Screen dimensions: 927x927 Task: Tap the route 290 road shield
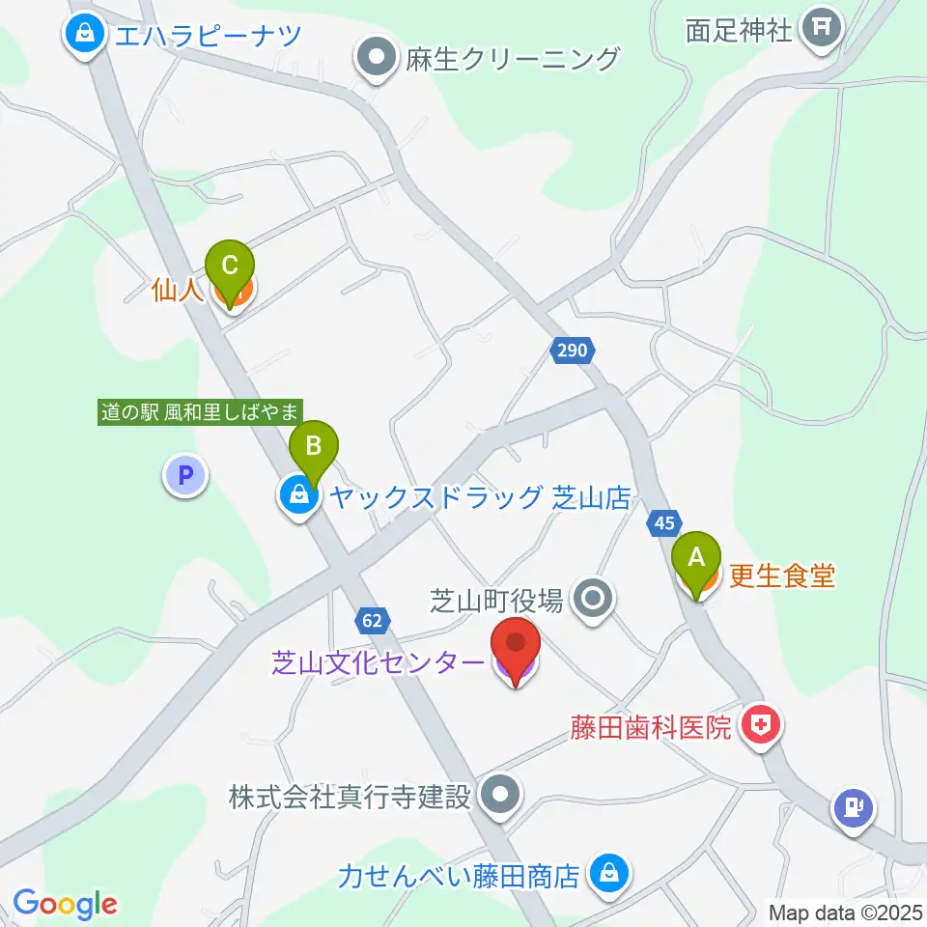tap(572, 351)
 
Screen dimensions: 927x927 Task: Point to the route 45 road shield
tap(662, 522)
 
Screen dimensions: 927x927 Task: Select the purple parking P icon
tap(185, 475)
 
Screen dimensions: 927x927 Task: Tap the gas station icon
tap(853, 807)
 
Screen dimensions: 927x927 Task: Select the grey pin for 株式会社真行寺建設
tap(500, 796)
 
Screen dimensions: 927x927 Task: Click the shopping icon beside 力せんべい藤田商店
tap(608, 875)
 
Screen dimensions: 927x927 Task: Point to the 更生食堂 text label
tap(781, 576)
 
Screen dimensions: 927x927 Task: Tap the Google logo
tap(65, 904)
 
